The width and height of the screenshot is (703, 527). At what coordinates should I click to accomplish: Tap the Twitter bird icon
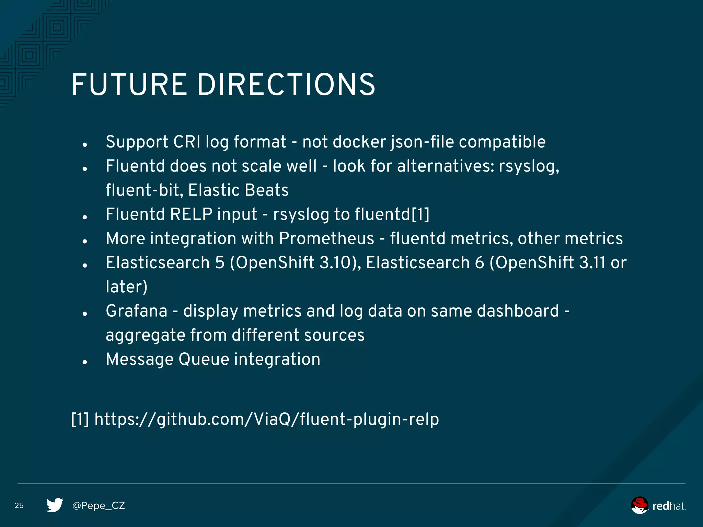pos(55,505)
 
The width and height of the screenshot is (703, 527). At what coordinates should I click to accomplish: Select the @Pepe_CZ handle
pos(99,505)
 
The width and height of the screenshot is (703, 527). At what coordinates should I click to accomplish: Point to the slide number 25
pos(19,505)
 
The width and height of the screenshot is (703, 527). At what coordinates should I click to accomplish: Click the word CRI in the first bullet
pos(187,142)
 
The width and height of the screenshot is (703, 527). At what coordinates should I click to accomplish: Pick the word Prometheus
pos(326,238)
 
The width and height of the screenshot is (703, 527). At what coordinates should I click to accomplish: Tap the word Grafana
pos(137,311)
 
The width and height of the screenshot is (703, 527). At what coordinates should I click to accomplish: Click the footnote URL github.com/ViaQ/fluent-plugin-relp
pos(266,419)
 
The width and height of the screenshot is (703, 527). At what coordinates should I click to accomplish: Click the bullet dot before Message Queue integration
pos(85,362)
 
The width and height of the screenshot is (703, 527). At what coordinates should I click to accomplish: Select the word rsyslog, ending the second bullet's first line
pos(529,166)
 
